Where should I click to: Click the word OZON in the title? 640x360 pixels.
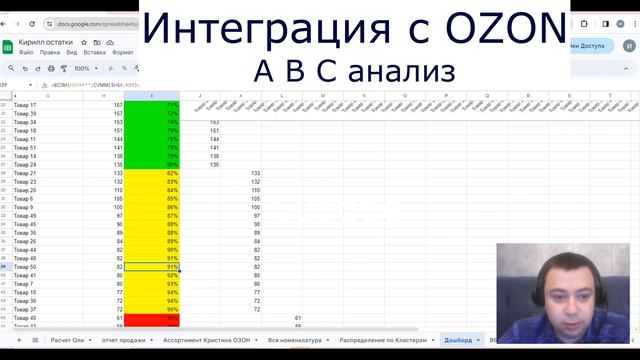coord(498,28)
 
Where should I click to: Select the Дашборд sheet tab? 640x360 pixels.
coord(459,340)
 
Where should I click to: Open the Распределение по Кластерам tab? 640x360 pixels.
coord(384,340)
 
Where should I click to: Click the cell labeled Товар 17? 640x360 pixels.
coord(26,105)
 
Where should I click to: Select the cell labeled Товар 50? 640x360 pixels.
coord(26,267)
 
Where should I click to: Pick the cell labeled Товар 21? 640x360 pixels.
coord(26,173)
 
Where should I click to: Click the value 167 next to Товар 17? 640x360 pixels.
coord(118,105)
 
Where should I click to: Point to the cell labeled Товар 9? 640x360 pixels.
coord(24,207)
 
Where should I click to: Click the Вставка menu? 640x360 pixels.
coord(96,51)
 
